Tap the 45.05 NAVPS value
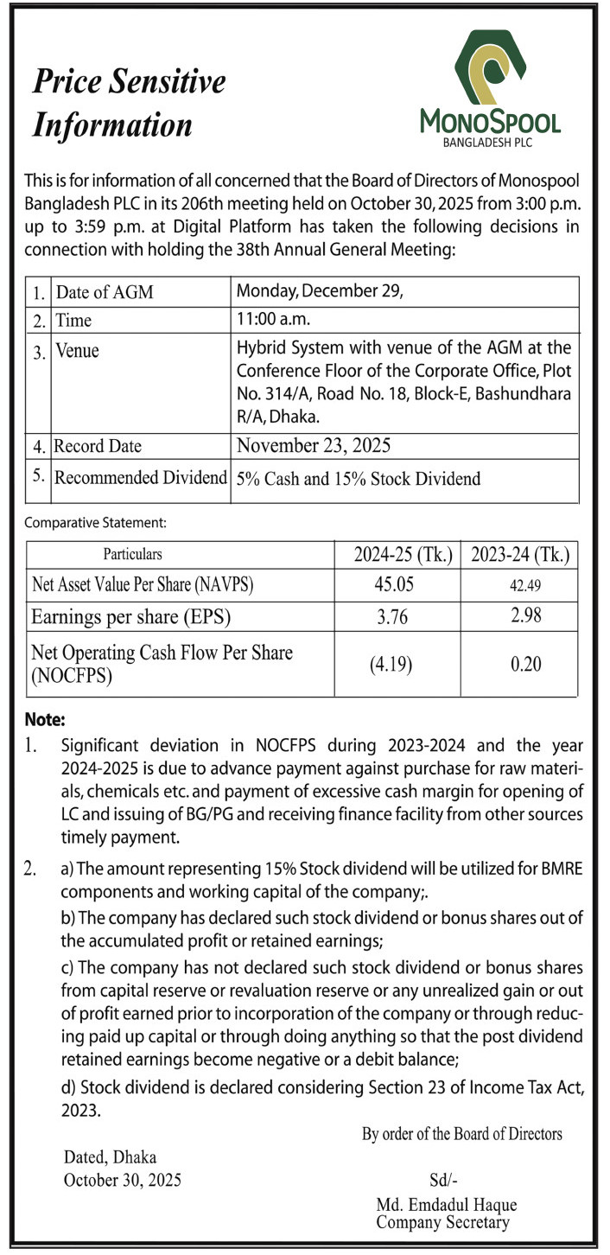click(x=394, y=583)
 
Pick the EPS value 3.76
click(x=394, y=618)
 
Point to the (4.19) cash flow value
click(x=394, y=666)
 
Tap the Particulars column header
click(x=132, y=554)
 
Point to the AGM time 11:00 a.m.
click(x=272, y=319)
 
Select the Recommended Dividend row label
click(x=140, y=477)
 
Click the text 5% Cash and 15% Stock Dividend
click(x=358, y=479)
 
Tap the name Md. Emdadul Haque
click(x=446, y=1205)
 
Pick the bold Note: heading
click(x=45, y=719)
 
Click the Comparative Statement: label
click(x=95, y=522)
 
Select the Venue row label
click(x=77, y=351)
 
